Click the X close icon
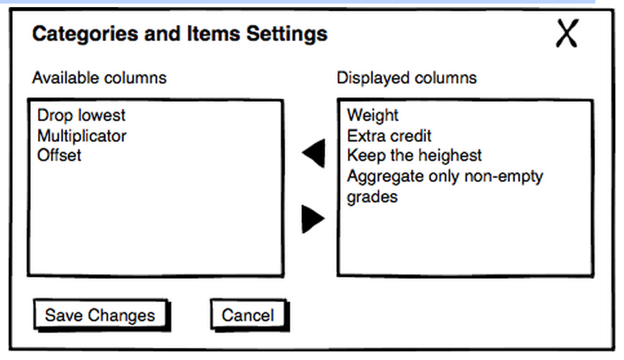(x=567, y=34)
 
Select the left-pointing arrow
(x=314, y=153)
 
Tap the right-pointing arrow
(x=313, y=219)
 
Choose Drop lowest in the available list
(x=81, y=115)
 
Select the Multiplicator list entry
(x=82, y=136)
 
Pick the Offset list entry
(x=60, y=155)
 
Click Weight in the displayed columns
(x=372, y=115)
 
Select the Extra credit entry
(x=389, y=136)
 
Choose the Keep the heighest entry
(x=415, y=156)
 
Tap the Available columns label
(x=100, y=78)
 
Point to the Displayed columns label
(x=407, y=78)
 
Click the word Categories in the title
(x=85, y=34)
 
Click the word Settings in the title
(x=287, y=34)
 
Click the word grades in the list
(x=372, y=197)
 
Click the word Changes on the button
(x=121, y=316)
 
